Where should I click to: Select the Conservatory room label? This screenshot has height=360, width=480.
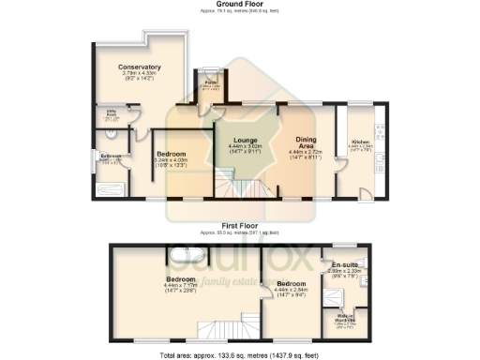point(140,67)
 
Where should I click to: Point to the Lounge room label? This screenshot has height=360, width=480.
point(247,141)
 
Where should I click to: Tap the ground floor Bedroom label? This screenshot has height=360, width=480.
point(171,154)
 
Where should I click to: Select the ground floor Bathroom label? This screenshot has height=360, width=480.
point(111,156)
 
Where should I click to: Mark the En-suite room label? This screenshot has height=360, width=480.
point(344,267)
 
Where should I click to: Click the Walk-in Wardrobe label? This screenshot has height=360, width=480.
point(345,316)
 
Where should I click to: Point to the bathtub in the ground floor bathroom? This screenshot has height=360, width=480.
point(111,190)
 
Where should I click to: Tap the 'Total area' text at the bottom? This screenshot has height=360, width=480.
point(238,354)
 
